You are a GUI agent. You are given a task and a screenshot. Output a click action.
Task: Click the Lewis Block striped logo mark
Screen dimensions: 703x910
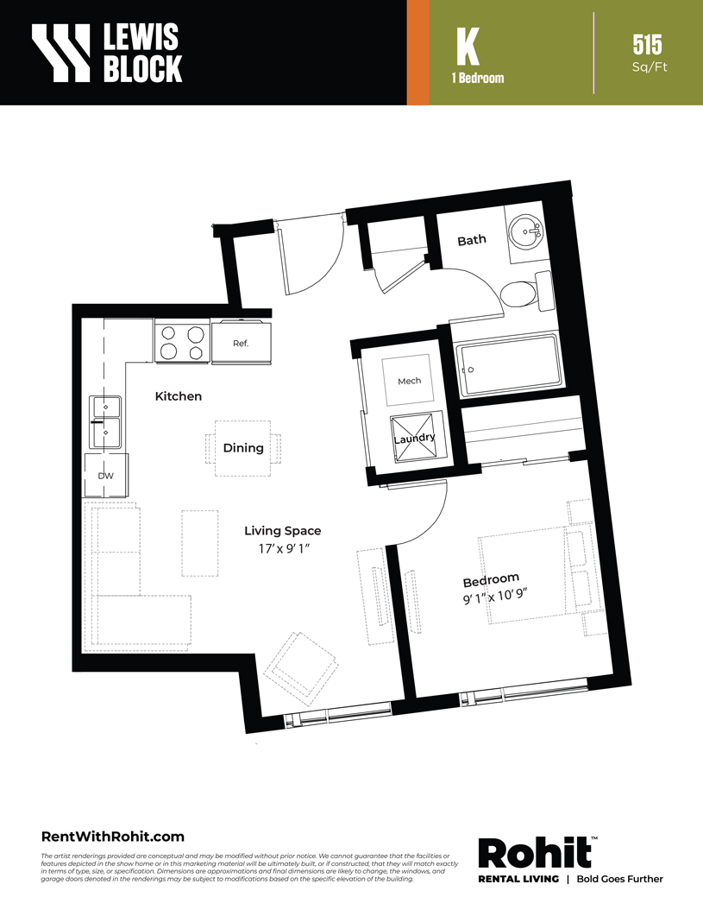[61, 52]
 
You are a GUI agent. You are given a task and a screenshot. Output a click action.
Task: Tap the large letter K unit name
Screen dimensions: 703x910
[468, 47]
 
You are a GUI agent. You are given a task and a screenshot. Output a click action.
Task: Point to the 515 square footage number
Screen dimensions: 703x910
[647, 45]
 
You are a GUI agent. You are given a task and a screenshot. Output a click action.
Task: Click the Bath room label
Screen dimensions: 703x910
[472, 240]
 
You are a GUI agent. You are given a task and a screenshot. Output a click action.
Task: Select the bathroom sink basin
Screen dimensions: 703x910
[525, 232]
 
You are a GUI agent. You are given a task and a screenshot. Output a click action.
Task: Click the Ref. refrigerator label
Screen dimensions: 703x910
[241, 344]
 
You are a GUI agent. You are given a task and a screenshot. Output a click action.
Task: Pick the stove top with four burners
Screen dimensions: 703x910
[182, 343]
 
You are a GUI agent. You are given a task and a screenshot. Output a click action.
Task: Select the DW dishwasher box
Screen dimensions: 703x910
[106, 476]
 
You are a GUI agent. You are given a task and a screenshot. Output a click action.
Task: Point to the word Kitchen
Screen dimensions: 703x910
[179, 396]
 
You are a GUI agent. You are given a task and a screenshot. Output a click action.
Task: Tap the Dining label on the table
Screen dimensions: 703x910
[243, 448]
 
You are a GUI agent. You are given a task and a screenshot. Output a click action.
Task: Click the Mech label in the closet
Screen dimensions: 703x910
[410, 382]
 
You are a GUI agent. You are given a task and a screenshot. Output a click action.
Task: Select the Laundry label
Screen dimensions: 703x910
[414, 439]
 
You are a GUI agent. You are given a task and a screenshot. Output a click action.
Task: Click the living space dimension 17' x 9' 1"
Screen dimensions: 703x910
[285, 548]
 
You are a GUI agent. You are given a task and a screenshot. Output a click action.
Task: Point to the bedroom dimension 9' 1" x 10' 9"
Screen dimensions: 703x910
[495, 596]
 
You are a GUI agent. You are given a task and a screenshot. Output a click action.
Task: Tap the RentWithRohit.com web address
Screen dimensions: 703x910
[113, 837]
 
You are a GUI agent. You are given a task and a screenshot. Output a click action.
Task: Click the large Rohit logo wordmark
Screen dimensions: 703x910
[535, 852]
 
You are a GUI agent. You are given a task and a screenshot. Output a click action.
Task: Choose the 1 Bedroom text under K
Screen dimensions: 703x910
[478, 79]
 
